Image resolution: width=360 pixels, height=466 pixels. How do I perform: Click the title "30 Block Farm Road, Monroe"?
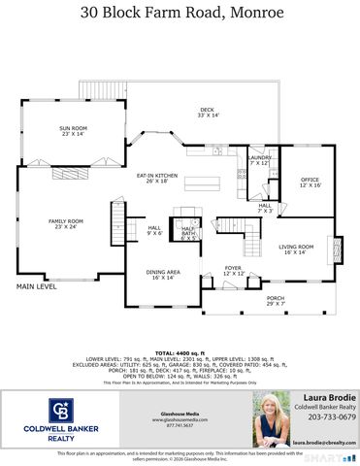(x=180, y=13)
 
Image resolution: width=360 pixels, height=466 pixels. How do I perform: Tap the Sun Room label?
(x=73, y=131)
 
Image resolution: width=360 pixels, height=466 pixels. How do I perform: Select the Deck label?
(x=207, y=113)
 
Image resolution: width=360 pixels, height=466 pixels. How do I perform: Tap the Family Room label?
(x=67, y=224)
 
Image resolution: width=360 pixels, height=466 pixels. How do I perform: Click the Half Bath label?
(x=188, y=234)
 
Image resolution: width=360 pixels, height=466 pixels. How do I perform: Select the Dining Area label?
(x=160, y=274)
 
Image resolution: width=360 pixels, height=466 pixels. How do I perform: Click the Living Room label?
(x=296, y=250)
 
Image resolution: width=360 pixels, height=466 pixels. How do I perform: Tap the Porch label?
(x=277, y=301)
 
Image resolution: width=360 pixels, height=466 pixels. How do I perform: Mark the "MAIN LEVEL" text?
(x=36, y=287)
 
